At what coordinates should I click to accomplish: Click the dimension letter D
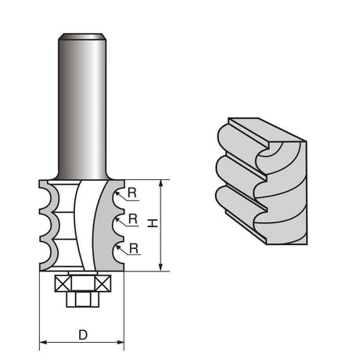tap(83, 335)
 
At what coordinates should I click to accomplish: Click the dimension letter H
tap(153, 223)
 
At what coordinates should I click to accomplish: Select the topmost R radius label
tap(132, 193)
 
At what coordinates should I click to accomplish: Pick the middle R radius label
tap(133, 218)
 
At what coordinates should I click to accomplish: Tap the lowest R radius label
tap(134, 249)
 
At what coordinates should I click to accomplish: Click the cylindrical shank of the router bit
tap(82, 108)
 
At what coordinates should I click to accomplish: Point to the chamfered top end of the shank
tap(82, 36)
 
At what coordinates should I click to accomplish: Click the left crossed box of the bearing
tap(63, 283)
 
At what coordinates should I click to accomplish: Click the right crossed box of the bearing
tap(103, 283)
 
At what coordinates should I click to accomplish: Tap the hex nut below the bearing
tap(83, 299)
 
